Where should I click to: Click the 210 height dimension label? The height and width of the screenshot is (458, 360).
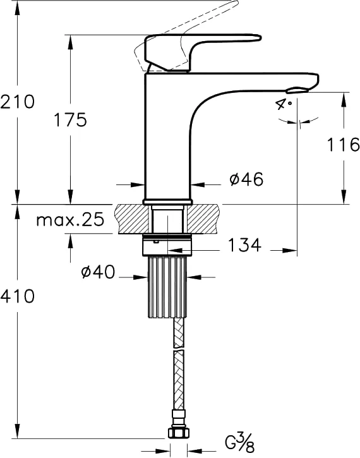pyautogui.click(x=18, y=102)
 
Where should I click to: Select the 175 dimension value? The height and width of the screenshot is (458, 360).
pyautogui.click(x=70, y=119)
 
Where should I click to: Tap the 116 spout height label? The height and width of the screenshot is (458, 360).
pyautogui.click(x=343, y=144)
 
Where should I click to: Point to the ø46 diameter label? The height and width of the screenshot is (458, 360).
pyautogui.click(x=246, y=179)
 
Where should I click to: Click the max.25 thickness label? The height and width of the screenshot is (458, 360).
pyautogui.click(x=70, y=219)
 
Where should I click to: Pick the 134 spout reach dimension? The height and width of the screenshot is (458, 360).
pyautogui.click(x=244, y=244)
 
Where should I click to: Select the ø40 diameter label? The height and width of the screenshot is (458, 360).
pyautogui.click(x=98, y=272)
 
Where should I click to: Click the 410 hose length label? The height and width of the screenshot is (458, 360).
pyautogui.click(x=18, y=296)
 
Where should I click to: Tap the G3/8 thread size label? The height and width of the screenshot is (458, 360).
pyautogui.click(x=240, y=442)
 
